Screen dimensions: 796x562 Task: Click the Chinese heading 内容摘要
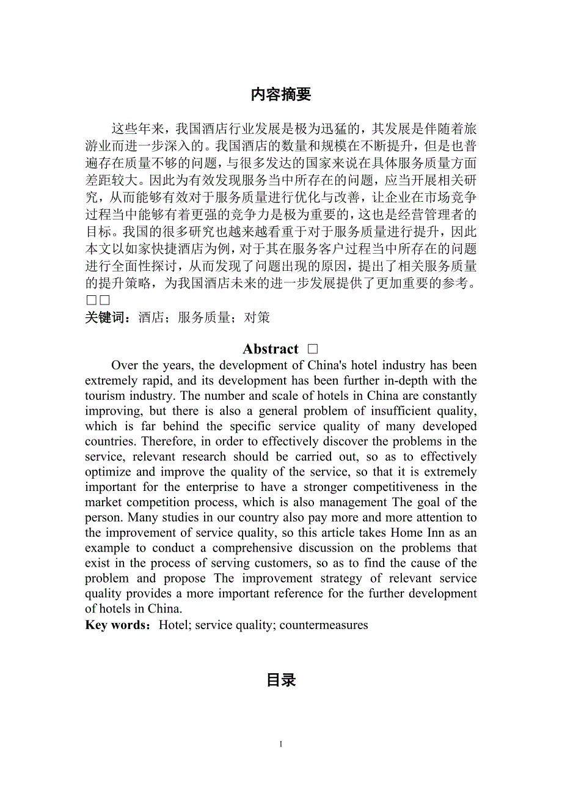[x=280, y=94]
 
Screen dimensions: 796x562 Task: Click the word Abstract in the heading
[x=271, y=349]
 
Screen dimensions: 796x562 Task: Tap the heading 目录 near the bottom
[x=281, y=680]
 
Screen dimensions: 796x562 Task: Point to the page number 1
[x=281, y=744]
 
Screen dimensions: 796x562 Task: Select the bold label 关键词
[x=104, y=317]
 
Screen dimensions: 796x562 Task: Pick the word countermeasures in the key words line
[x=324, y=625]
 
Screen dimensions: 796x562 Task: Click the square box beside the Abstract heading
[x=313, y=349]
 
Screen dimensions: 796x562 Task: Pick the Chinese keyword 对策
[x=257, y=317]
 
